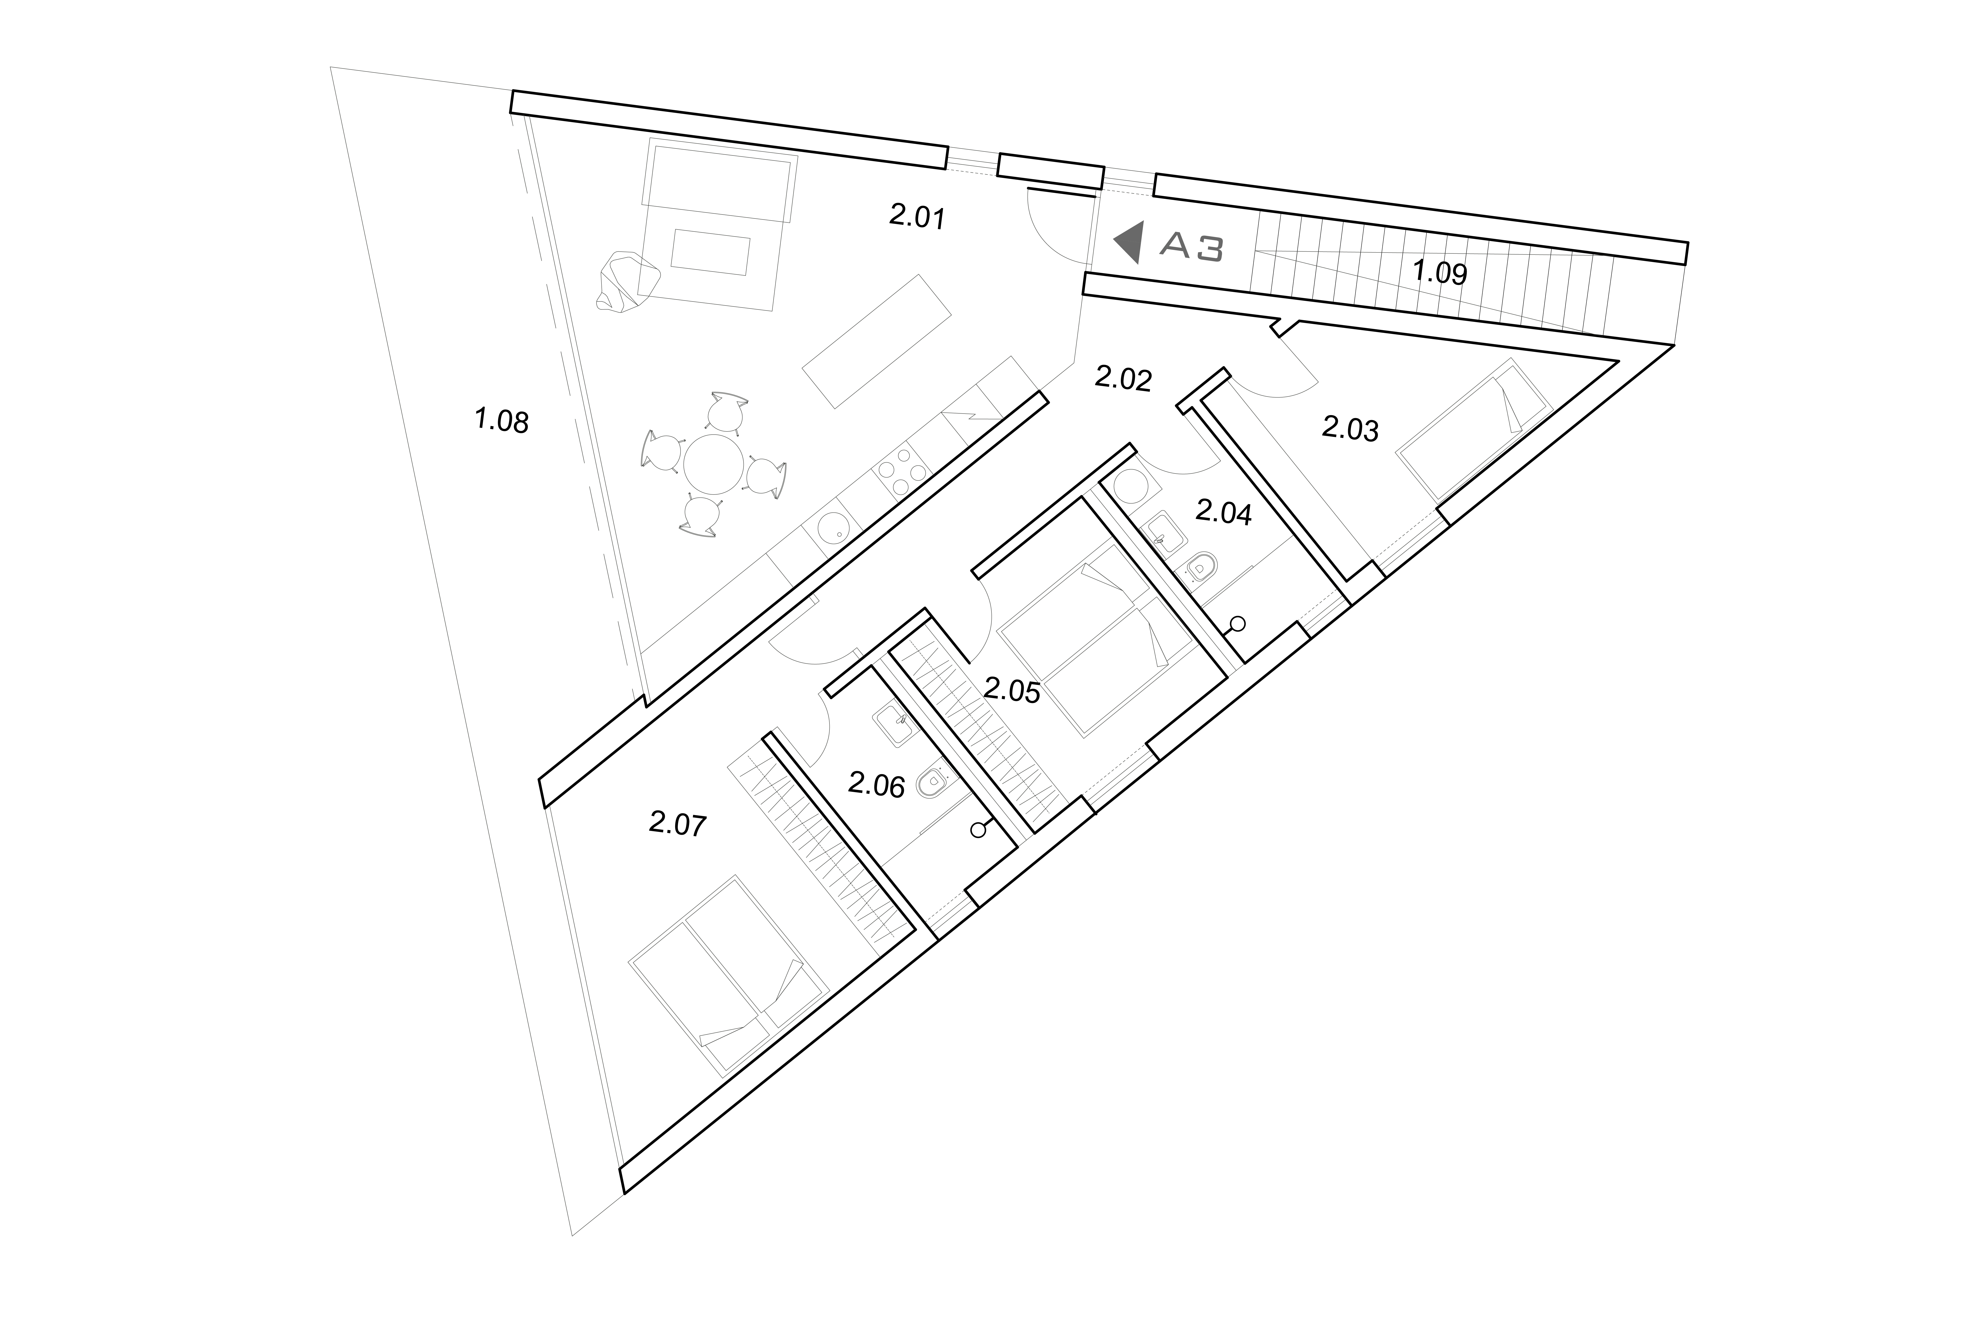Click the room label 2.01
coord(917,217)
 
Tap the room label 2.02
coord(1123,378)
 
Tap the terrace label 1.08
coord(501,421)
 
